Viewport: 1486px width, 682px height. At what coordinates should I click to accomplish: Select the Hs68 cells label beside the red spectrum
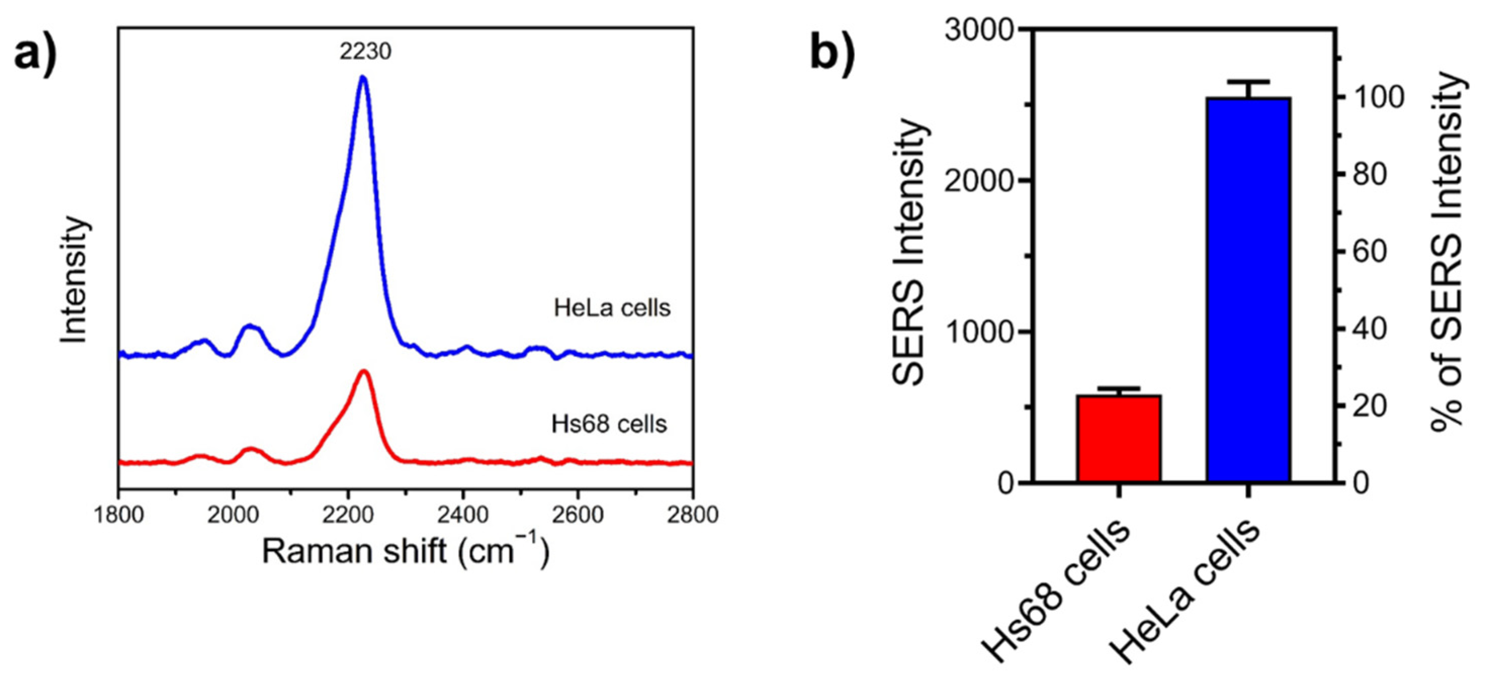point(609,424)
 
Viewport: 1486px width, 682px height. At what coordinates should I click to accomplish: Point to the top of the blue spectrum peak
point(362,77)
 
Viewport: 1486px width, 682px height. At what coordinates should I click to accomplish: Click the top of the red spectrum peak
point(363,371)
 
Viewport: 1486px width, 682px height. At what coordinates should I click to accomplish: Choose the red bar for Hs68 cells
point(1118,438)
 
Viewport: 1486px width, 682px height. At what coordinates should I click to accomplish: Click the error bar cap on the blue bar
point(1248,82)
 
